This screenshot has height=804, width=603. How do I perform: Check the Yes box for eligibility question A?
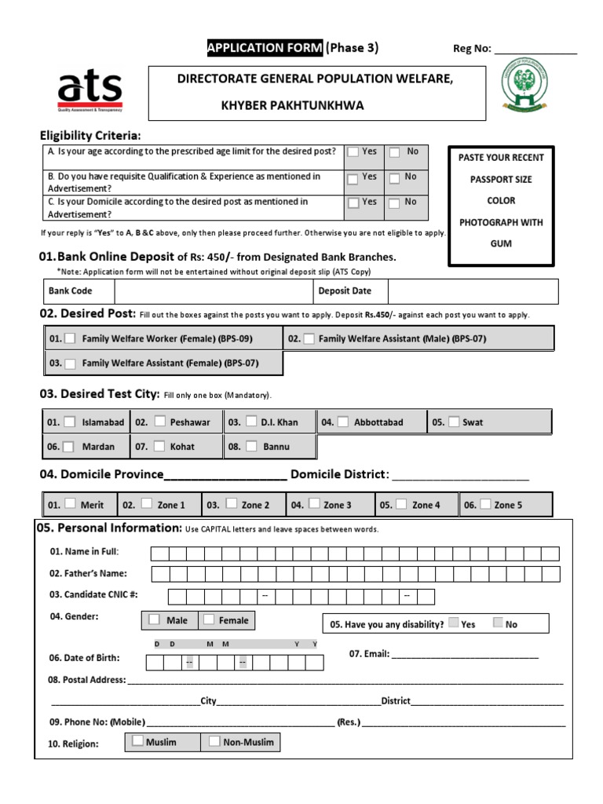(x=354, y=152)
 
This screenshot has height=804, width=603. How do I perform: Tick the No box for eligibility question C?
(x=395, y=203)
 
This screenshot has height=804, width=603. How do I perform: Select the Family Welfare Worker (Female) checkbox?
(x=70, y=338)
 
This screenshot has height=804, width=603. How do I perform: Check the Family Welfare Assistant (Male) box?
(x=309, y=338)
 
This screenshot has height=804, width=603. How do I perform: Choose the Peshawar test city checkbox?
(x=160, y=422)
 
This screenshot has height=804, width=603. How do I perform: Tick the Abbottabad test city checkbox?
(x=343, y=422)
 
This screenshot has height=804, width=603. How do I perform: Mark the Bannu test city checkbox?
(x=251, y=446)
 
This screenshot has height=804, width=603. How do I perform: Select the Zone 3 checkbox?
(x=314, y=504)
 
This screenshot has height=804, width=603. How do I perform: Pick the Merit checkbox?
(x=70, y=504)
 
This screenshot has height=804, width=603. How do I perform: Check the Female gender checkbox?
(x=209, y=619)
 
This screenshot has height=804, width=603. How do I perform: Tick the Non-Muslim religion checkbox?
(x=214, y=740)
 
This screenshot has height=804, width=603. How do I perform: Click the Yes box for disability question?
(x=453, y=623)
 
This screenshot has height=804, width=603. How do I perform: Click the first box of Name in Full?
(x=159, y=554)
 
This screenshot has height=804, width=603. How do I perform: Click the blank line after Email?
(x=465, y=654)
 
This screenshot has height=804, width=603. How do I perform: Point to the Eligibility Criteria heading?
(x=90, y=136)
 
